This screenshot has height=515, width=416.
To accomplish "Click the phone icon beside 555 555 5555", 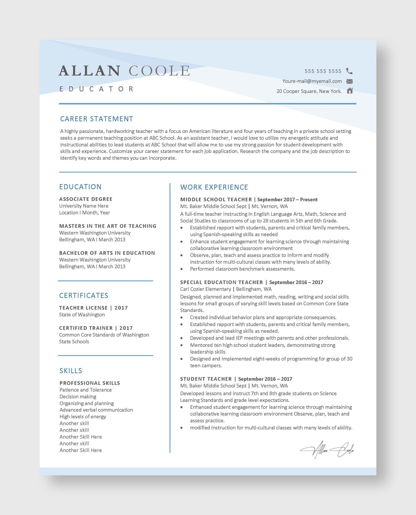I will (x=349, y=71).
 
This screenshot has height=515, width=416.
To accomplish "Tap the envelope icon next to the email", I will (x=349, y=81).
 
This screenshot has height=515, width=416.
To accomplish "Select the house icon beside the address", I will (x=350, y=91).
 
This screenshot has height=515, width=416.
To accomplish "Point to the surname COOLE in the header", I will (x=159, y=71).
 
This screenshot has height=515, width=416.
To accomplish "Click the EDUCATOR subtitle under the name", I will (x=96, y=89).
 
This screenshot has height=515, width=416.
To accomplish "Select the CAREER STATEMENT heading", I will (x=96, y=119).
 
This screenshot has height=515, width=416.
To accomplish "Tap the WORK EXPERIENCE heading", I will (x=214, y=187).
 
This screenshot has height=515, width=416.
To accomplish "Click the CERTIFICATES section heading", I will (x=83, y=296).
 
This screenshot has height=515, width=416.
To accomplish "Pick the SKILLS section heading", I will (x=71, y=371).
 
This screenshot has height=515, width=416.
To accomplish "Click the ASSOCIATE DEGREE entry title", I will (x=86, y=199).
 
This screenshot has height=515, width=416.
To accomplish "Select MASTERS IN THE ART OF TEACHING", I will (x=108, y=226).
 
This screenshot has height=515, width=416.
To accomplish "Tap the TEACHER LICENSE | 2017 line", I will (x=93, y=308).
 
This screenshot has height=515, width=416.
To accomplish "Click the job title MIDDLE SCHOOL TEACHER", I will (x=216, y=200).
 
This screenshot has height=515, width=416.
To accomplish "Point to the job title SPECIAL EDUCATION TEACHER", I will (x=222, y=282).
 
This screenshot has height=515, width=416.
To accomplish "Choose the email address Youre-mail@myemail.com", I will (x=312, y=81).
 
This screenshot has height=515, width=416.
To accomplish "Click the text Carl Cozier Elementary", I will (x=205, y=289).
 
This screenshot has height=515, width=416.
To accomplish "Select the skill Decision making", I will (x=78, y=396).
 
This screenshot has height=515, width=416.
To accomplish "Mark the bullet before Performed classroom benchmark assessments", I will (x=181, y=269).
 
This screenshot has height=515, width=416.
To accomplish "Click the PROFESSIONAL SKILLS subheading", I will (x=90, y=383).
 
